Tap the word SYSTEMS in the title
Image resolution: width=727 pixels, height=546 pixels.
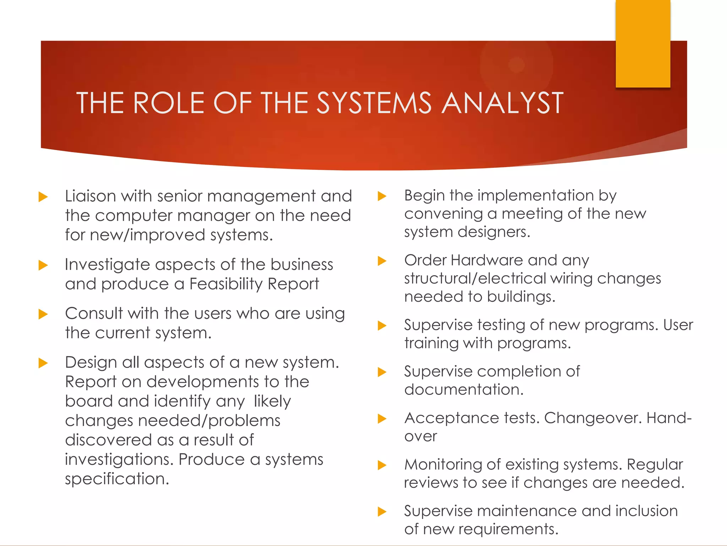pos(374,103)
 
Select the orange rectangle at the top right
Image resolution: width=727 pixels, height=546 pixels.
pos(643,43)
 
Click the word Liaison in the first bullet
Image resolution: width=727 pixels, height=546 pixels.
pos(91,196)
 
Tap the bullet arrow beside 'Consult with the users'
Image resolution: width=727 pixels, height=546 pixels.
pos(43,314)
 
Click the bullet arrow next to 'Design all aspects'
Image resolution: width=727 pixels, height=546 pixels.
pos(43,363)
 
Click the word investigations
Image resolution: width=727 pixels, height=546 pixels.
pos(119,460)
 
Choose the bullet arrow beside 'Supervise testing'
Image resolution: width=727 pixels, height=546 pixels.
pos(382,326)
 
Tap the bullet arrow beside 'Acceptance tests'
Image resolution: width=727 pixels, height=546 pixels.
pos(382,419)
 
